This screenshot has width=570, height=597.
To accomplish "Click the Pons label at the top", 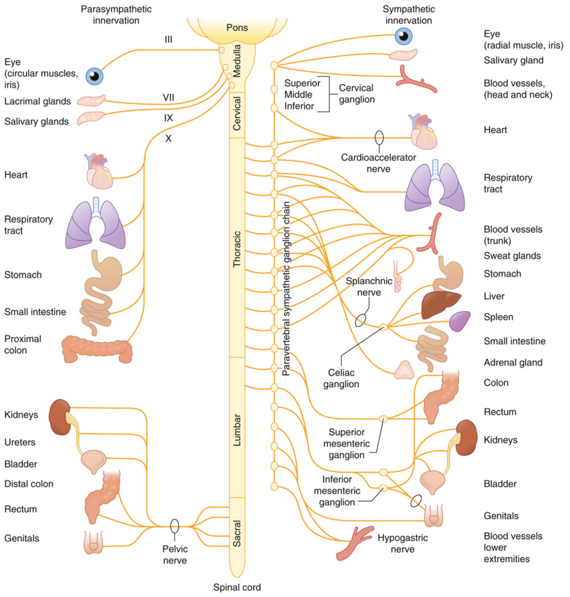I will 237,28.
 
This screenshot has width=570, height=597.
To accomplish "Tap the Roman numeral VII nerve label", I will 168,97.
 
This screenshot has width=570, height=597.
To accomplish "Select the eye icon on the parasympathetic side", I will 94,76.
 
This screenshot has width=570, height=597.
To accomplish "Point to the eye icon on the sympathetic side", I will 404,36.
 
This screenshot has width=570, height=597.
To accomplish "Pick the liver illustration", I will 439,305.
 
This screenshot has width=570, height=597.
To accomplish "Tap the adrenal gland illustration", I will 404,371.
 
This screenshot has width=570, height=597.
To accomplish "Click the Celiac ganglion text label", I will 341,378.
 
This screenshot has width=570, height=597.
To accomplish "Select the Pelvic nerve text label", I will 175,554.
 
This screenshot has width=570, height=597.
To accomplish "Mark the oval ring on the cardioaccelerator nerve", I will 379,138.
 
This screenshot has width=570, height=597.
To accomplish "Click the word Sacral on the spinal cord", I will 237,533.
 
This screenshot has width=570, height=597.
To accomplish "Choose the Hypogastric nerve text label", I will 402,543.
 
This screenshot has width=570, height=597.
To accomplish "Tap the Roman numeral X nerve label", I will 168,139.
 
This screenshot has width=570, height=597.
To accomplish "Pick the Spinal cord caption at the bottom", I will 237,587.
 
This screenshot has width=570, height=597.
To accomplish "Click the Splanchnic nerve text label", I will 368,286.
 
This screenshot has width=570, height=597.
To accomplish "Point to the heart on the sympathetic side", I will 423,132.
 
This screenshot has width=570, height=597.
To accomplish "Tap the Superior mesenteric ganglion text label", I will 346,443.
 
